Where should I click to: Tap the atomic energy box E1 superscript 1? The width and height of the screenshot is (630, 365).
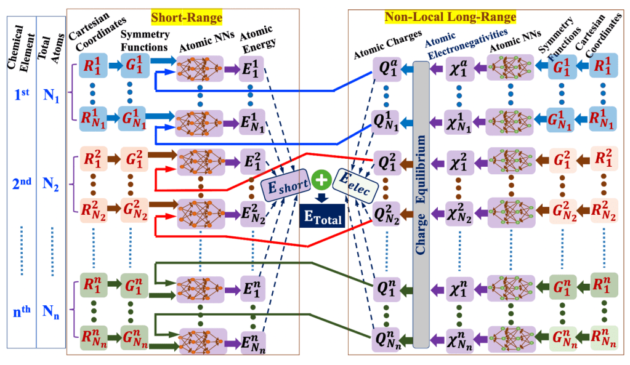[x=253, y=68]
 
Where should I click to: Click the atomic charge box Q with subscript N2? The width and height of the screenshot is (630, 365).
[x=386, y=212]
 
